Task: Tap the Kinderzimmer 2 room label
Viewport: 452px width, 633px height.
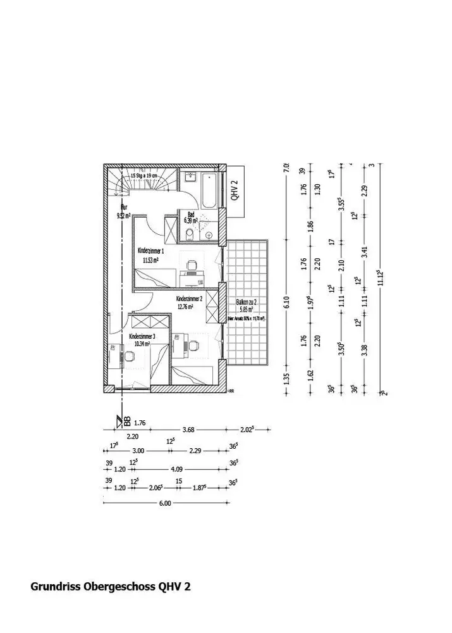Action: tap(189, 298)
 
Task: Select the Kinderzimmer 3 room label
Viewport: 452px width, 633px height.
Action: tap(142, 336)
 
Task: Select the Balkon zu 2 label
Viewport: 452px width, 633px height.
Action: tap(246, 303)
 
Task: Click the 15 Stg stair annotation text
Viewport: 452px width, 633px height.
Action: tap(145, 176)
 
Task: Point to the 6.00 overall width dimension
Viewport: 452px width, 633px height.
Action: tap(165, 504)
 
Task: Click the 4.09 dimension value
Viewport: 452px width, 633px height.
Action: tap(177, 470)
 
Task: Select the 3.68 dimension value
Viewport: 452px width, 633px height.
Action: tap(188, 430)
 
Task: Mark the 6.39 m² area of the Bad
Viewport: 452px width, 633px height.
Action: tap(190, 221)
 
